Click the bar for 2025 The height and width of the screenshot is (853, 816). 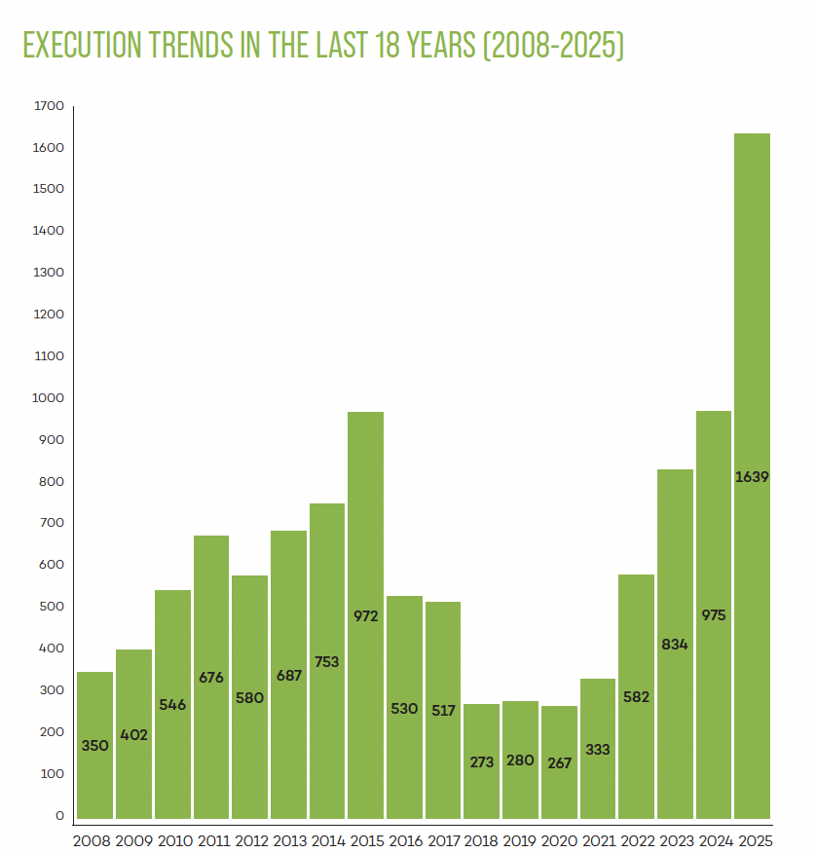pyautogui.click(x=752, y=476)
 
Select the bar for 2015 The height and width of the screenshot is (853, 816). pyautogui.click(x=365, y=615)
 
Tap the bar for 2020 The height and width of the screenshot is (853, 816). pyautogui.click(x=559, y=762)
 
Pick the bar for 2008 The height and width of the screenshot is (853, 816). pyautogui.click(x=95, y=745)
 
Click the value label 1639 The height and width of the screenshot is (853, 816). pyautogui.click(x=752, y=477)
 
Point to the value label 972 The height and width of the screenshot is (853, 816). pyautogui.click(x=365, y=616)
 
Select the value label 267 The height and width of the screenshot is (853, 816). pyautogui.click(x=559, y=763)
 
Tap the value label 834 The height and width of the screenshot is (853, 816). pyautogui.click(x=675, y=645)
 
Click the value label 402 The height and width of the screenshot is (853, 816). pyautogui.click(x=133, y=735)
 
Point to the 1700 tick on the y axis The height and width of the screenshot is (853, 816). pyautogui.click(x=49, y=105)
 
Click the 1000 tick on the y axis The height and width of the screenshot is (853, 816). pyautogui.click(x=48, y=397)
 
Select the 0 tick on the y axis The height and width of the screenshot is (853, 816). pyautogui.click(x=59, y=815)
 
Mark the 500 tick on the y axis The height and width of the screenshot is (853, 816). pyautogui.click(x=52, y=606)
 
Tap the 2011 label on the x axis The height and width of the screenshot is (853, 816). pyautogui.click(x=214, y=841)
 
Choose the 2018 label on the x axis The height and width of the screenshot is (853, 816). pyautogui.click(x=481, y=841)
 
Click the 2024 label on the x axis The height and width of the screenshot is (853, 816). pyautogui.click(x=716, y=841)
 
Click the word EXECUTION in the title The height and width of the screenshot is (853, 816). pyautogui.click(x=82, y=45)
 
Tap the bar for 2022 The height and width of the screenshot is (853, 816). pyautogui.click(x=637, y=696)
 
